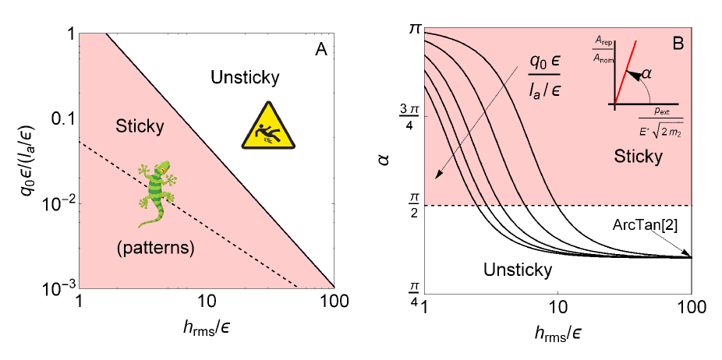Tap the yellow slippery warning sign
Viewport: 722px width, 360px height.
click(267, 125)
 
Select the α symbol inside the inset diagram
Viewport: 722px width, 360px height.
click(644, 74)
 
